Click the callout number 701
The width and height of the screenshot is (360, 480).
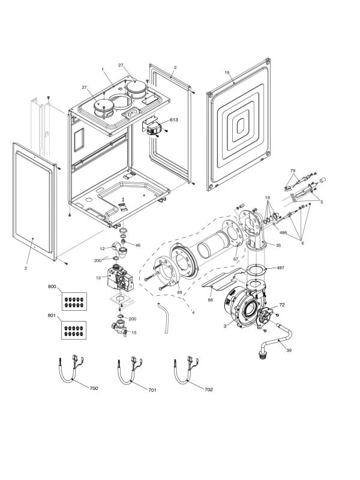click(x=152, y=390)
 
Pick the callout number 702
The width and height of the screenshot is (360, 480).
click(x=208, y=389)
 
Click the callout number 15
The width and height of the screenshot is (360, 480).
click(x=134, y=332)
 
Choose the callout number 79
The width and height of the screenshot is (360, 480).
click(x=293, y=171)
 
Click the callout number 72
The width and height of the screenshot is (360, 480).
click(x=282, y=305)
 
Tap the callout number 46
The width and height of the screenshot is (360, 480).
click(x=137, y=245)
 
